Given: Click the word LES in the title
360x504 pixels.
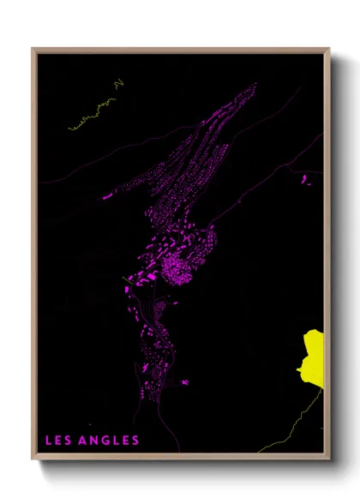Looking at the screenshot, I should click(57, 441).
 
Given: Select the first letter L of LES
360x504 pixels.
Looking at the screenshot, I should click(48, 441).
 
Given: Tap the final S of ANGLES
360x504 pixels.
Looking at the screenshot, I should click(135, 441).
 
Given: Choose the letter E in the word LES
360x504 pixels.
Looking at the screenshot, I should click(57, 441).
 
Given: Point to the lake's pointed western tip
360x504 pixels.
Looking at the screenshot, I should click(297, 370).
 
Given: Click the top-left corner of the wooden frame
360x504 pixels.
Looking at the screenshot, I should click(33, 49).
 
